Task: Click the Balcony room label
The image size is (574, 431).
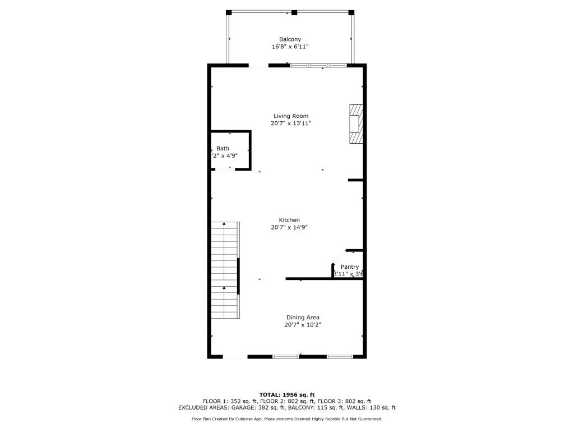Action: pos(290,39)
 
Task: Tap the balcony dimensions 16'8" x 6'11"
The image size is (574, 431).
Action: pos(290,47)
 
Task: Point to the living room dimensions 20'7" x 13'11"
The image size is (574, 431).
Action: pos(290,123)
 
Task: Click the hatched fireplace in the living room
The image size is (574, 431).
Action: pos(355,123)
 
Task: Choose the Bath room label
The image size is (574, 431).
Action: pos(223,149)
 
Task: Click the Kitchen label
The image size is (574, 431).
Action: pos(289,220)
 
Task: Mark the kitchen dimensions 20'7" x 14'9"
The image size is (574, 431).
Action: pos(289,227)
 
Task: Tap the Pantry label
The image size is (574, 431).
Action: pos(350,267)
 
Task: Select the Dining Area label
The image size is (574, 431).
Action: pos(303,318)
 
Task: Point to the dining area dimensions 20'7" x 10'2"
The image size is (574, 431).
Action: pos(303,325)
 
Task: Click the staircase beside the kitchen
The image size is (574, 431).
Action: pos(225,269)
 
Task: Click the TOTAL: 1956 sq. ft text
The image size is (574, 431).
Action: pos(287,395)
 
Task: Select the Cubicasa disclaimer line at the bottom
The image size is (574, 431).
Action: pos(287,419)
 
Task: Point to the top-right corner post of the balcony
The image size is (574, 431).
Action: pos(351,12)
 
